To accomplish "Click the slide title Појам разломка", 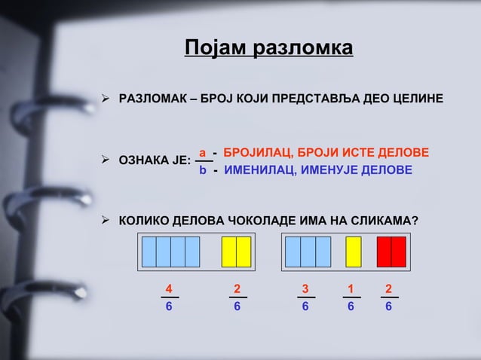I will [268, 49].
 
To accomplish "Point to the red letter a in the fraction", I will [202, 153].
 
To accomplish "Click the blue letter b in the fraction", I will [202, 170].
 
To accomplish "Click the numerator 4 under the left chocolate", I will [169, 288].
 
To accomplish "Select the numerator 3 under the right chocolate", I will [305, 288].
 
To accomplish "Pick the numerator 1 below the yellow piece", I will [351, 288].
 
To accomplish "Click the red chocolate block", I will [391, 252].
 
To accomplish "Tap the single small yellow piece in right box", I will [353, 252].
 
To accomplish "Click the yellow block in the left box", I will [236, 252].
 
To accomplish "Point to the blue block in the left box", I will [170, 252].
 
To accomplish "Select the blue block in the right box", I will [308, 252].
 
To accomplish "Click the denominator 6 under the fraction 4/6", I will [169, 307].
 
